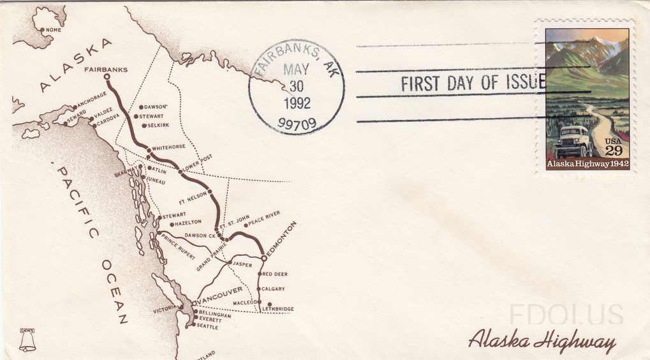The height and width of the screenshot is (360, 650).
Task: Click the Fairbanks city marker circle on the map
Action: [x=107, y=77]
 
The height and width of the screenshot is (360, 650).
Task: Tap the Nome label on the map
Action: [x=53, y=29]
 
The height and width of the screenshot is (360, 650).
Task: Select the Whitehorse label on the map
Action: [x=168, y=147]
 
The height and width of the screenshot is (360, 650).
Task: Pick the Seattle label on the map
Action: [x=207, y=327]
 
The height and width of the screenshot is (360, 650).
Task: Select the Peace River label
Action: [x=264, y=219]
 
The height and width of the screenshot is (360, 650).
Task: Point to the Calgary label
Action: [x=273, y=289]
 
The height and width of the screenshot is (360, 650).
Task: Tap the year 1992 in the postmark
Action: [x=297, y=102]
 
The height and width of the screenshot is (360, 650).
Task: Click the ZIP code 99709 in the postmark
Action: [x=297, y=123]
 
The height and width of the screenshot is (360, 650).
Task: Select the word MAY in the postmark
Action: [x=295, y=69]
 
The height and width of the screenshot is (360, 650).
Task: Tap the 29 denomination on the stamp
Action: [x=613, y=151]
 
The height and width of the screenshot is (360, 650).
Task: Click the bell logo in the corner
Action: [x=27, y=340]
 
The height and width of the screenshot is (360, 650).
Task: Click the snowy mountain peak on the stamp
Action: [x=596, y=45]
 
